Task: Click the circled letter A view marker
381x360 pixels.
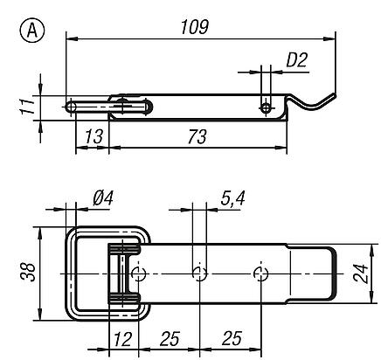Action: [32, 31]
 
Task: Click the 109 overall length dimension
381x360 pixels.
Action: [195, 27]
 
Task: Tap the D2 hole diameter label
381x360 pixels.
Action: [297, 60]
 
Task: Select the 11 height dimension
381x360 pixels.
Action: [28, 106]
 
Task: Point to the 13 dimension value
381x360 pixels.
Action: [94, 136]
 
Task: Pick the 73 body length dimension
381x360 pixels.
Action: [197, 136]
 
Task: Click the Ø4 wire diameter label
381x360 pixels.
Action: [103, 198]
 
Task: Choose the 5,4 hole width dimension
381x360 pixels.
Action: [232, 198]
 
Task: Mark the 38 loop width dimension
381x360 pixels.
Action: [28, 272]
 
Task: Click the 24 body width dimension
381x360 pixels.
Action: [361, 273]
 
